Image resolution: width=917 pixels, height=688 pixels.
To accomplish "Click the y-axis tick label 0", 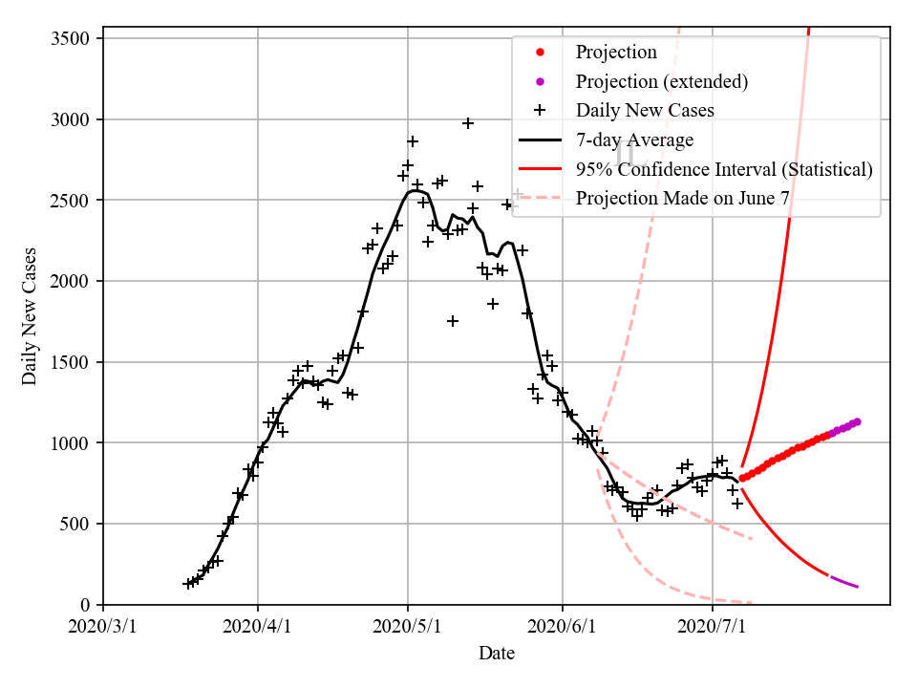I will pos(85,605).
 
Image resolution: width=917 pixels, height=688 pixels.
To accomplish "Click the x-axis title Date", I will pos(497,654).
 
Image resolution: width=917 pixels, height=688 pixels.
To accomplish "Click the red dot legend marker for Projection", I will pos(540,52).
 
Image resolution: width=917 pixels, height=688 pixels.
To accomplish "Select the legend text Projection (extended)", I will pos(661,81).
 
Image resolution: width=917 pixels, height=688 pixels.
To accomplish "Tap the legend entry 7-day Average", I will pos(634,140).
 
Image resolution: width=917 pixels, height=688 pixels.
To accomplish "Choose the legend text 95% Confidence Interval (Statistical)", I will pos(724,169).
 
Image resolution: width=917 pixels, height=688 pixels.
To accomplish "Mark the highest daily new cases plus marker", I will pos(468,123).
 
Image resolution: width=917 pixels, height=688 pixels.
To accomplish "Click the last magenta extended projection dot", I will pos(857,421).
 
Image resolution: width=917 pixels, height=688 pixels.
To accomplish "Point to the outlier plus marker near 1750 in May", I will pos(453,321).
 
